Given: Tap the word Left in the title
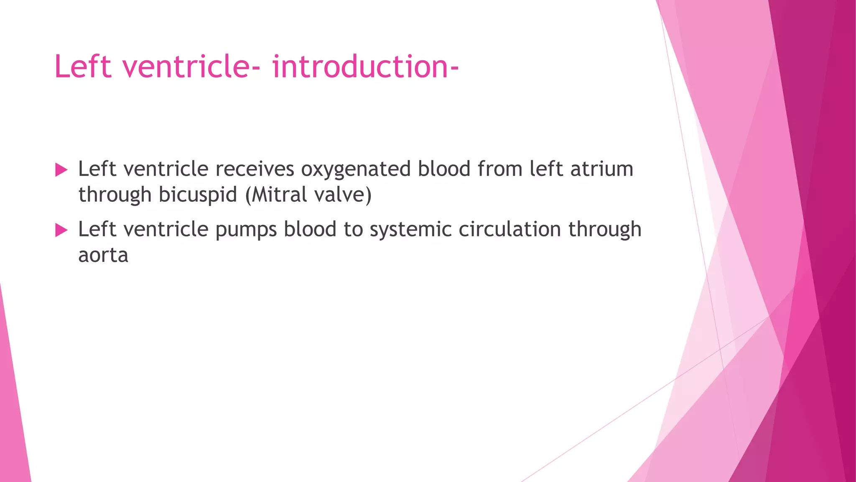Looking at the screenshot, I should (83, 67).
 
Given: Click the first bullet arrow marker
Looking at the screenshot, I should (61, 170).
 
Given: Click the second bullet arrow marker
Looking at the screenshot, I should (61, 230).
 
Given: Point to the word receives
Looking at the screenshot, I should (255, 169).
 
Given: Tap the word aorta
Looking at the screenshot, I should (103, 255).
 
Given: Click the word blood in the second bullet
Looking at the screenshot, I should (310, 229).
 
